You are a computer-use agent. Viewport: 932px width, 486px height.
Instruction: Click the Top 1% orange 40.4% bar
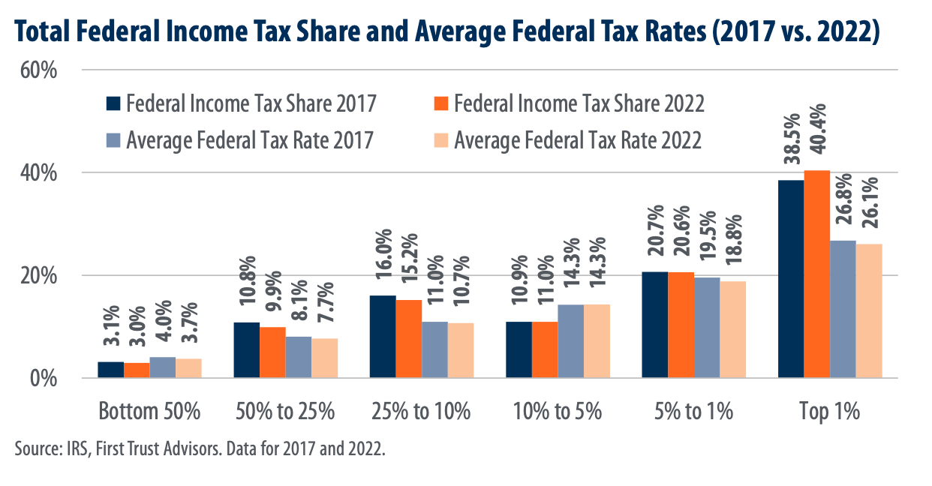point(816,274)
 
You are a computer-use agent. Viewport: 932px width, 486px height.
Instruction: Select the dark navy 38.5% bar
point(791,279)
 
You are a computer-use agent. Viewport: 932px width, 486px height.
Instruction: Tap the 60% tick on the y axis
point(39,70)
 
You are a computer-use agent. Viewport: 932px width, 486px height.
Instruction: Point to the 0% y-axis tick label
point(44,379)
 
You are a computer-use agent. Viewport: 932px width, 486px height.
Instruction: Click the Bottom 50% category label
point(149,411)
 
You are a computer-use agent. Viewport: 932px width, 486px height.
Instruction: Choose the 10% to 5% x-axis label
point(558,411)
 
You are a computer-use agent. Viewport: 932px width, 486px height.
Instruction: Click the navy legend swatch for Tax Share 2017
point(113,104)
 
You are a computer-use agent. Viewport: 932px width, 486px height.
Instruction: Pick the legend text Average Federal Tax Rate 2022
point(578,140)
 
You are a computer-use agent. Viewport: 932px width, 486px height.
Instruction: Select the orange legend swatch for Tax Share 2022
point(441,104)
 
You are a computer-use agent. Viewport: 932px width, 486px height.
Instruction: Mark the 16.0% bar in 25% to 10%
point(383,337)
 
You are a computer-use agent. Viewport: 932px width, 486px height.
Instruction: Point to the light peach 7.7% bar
point(324,358)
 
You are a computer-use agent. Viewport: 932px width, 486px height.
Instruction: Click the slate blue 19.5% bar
point(707,328)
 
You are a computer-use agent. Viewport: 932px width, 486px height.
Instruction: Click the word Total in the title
point(43,31)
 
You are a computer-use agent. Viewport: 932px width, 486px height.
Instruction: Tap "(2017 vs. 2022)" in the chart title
point(795,32)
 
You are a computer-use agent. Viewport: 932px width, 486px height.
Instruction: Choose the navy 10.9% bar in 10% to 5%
point(519,349)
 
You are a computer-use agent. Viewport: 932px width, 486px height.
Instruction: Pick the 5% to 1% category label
point(693,411)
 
